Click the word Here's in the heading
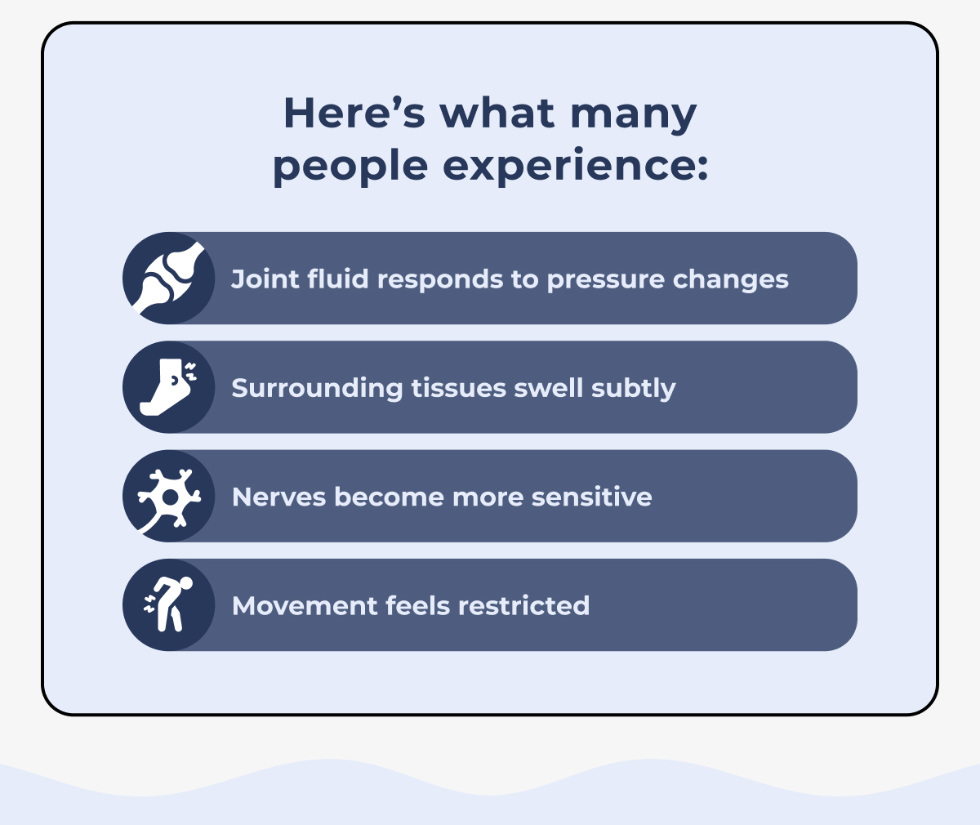click(x=354, y=113)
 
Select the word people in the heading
click(x=350, y=167)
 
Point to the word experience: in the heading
click(x=575, y=167)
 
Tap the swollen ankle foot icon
click(x=169, y=387)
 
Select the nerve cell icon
click(x=169, y=496)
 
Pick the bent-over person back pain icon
click(x=169, y=604)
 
